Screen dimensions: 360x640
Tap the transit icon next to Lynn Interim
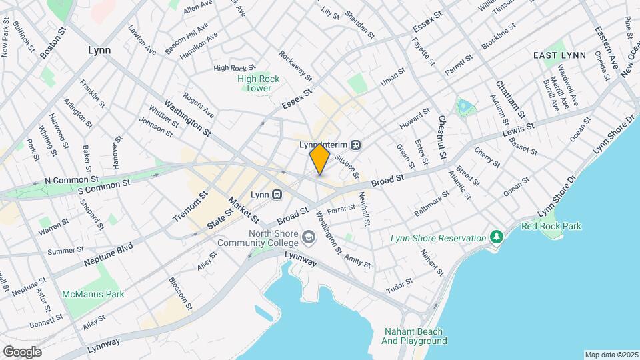pos(357,144)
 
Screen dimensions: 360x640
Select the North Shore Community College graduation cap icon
pos(309,237)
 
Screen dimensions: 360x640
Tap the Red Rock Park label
pos(551,226)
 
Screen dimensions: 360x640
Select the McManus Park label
pos(93,294)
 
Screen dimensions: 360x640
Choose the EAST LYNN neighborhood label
pos(559,56)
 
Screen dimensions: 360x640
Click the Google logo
pos(22,351)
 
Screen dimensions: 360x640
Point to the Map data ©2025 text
pos(611,355)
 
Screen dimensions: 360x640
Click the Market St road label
pos(243,209)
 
